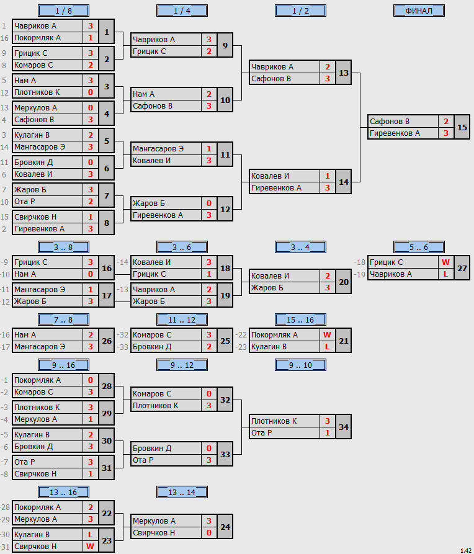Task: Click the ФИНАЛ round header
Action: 419,11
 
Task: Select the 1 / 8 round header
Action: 63,11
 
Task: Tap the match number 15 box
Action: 462,127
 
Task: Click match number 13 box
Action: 344,73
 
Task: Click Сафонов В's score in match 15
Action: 446,122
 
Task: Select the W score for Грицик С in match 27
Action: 445,262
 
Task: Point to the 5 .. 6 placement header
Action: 419,247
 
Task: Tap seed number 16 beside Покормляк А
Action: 4,38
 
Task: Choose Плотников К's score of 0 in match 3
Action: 91,92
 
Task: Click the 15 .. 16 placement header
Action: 300,319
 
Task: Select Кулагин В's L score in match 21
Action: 328,347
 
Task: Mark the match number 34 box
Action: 344,427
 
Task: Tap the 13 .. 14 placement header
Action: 182,492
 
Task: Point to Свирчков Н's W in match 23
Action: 90,546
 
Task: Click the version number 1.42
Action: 466,550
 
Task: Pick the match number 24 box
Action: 225,527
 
